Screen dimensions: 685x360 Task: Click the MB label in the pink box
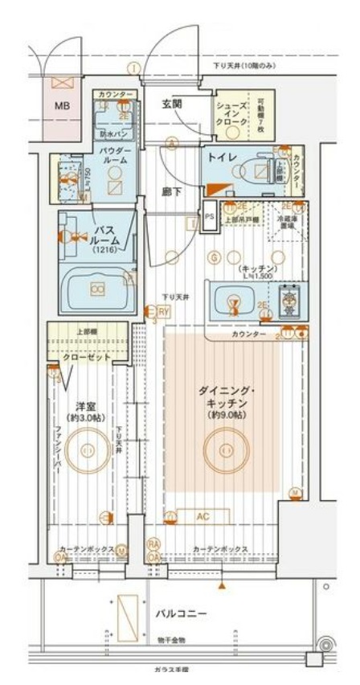coord(62,105)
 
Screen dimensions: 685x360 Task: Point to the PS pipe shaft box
coord(209,216)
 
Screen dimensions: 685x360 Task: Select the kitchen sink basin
coord(234,302)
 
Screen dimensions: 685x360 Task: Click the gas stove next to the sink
coord(287,301)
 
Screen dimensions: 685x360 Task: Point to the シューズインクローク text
coord(231,115)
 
